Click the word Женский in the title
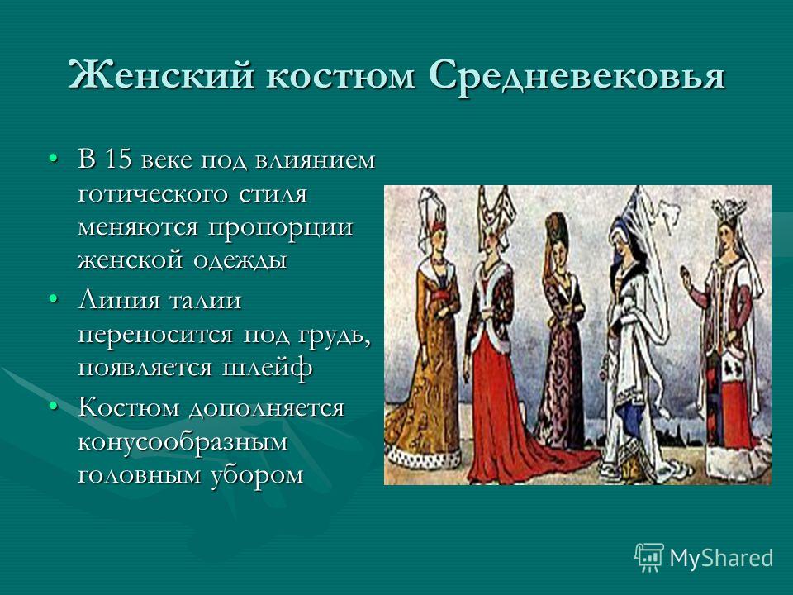click(x=160, y=76)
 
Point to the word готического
click(x=156, y=193)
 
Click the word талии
click(x=204, y=301)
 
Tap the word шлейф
click(x=267, y=368)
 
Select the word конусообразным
click(x=183, y=442)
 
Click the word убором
click(x=255, y=475)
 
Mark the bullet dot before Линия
click(x=53, y=300)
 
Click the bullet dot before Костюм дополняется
click(x=53, y=407)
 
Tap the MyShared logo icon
click(x=649, y=558)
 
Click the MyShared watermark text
click(x=721, y=558)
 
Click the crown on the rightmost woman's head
click(x=729, y=207)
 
